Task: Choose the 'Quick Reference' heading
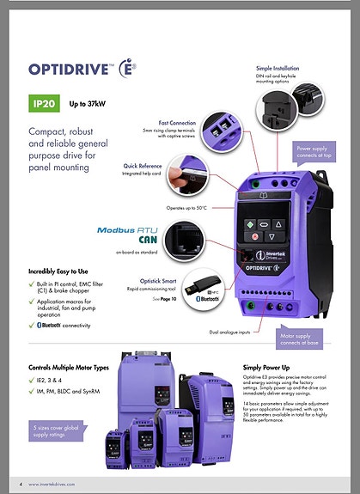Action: [143, 165]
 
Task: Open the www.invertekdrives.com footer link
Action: [58, 484]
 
